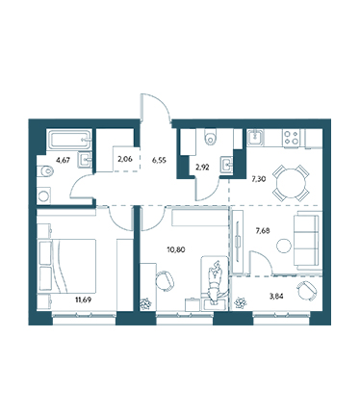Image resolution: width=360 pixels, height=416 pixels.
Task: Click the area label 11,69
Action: [x=83, y=300]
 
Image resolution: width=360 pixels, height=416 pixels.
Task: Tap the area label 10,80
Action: [x=176, y=249]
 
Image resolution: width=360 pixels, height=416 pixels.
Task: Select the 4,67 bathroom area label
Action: [x=63, y=161]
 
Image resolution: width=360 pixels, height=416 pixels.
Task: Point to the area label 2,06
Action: [x=125, y=159]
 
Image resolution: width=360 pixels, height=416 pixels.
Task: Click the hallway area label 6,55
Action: [x=159, y=161]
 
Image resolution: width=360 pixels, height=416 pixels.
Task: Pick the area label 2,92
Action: [x=202, y=168]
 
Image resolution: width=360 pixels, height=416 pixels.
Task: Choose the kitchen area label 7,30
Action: [x=259, y=179]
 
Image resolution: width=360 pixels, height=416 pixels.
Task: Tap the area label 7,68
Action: [x=263, y=230]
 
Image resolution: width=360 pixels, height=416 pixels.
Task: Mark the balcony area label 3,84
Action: [x=276, y=297]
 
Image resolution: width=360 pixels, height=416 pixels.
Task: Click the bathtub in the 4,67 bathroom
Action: [x=69, y=140]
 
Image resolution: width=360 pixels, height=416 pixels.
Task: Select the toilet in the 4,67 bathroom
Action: [x=44, y=171]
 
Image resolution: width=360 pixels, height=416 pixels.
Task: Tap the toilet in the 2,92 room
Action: [x=211, y=137]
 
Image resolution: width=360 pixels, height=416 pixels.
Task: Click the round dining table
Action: [x=291, y=183]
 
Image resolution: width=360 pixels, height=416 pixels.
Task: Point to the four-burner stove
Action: [x=292, y=138]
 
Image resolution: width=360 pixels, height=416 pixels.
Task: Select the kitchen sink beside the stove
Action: [x=255, y=138]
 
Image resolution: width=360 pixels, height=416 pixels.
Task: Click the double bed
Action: [x=66, y=266]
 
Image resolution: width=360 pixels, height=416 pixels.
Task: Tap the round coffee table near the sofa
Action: [x=284, y=247]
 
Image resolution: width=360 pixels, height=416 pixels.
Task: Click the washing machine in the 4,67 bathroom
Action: [x=43, y=195]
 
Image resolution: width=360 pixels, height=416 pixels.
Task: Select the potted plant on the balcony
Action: [x=241, y=302]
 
